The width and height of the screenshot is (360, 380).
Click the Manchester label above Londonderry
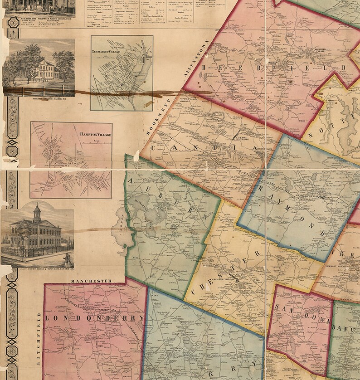click(x=91, y=281)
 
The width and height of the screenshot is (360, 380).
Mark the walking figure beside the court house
click(x=66, y=259)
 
